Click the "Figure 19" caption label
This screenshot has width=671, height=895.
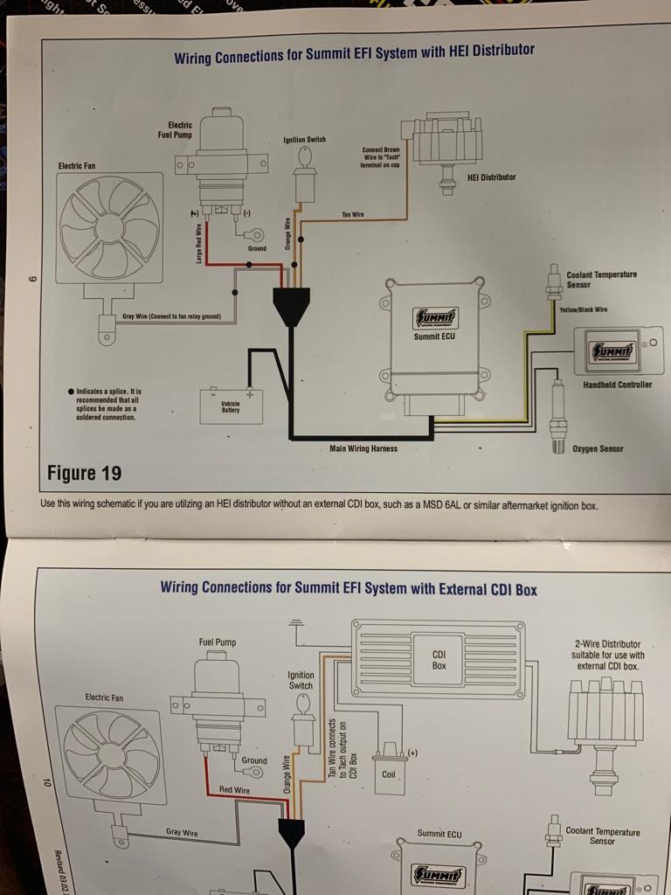click(x=84, y=474)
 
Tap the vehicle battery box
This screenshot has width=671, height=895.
click(x=231, y=405)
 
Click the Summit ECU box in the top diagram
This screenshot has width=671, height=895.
click(x=433, y=336)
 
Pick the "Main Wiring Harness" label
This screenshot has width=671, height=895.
click(x=363, y=449)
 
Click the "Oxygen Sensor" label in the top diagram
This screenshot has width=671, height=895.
click(x=598, y=449)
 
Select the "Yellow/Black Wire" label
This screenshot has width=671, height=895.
click(x=583, y=309)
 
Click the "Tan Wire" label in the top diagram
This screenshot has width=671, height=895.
click(x=353, y=214)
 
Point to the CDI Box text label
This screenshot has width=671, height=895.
click(x=439, y=659)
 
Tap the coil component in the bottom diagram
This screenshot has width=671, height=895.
click(x=388, y=769)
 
